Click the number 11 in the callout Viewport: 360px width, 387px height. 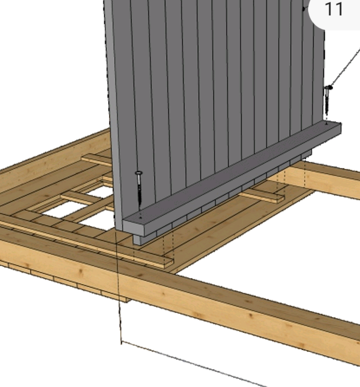pyautogui.click(x=334, y=9)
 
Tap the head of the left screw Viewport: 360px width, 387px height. pyautogui.click(x=139, y=173)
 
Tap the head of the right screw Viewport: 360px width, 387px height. pyautogui.click(x=328, y=87)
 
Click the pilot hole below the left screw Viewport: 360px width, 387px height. pyautogui.click(x=140, y=217)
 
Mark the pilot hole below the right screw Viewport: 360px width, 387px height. pyautogui.click(x=326, y=123)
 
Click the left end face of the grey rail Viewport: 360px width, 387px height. pyautogui.click(x=133, y=229)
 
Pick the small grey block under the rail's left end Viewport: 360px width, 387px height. pyautogui.click(x=137, y=240)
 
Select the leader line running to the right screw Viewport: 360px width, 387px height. pyautogui.click(x=345, y=68)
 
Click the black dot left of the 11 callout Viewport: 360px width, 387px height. pyautogui.click(x=304, y=9)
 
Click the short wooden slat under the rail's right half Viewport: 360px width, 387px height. pyautogui.click(x=262, y=196)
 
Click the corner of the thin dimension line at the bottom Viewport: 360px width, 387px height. pyautogui.click(x=121, y=342)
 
